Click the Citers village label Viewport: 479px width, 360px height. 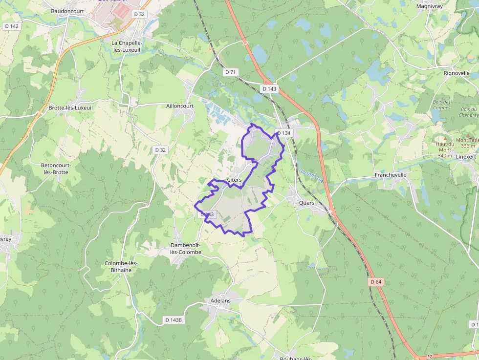[x=234, y=180]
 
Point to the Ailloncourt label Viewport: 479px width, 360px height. [x=180, y=106]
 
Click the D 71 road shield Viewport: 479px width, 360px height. [x=231, y=72]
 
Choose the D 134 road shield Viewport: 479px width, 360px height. [x=283, y=133]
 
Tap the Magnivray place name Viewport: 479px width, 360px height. [x=430, y=6]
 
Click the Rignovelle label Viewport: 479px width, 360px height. [x=457, y=73]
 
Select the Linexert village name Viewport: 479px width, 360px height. [x=465, y=156]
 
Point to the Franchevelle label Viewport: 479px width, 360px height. [x=391, y=174]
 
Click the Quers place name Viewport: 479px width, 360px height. [x=306, y=203]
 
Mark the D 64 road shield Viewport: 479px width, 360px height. [x=376, y=282]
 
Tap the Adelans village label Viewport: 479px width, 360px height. [x=220, y=300]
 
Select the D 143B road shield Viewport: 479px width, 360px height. [x=173, y=320]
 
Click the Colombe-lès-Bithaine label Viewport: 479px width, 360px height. [x=121, y=266]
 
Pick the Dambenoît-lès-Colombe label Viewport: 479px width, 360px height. [x=186, y=249]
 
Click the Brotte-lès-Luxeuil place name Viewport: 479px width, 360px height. [x=71, y=107]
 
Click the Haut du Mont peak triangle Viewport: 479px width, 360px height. [x=445, y=139]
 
